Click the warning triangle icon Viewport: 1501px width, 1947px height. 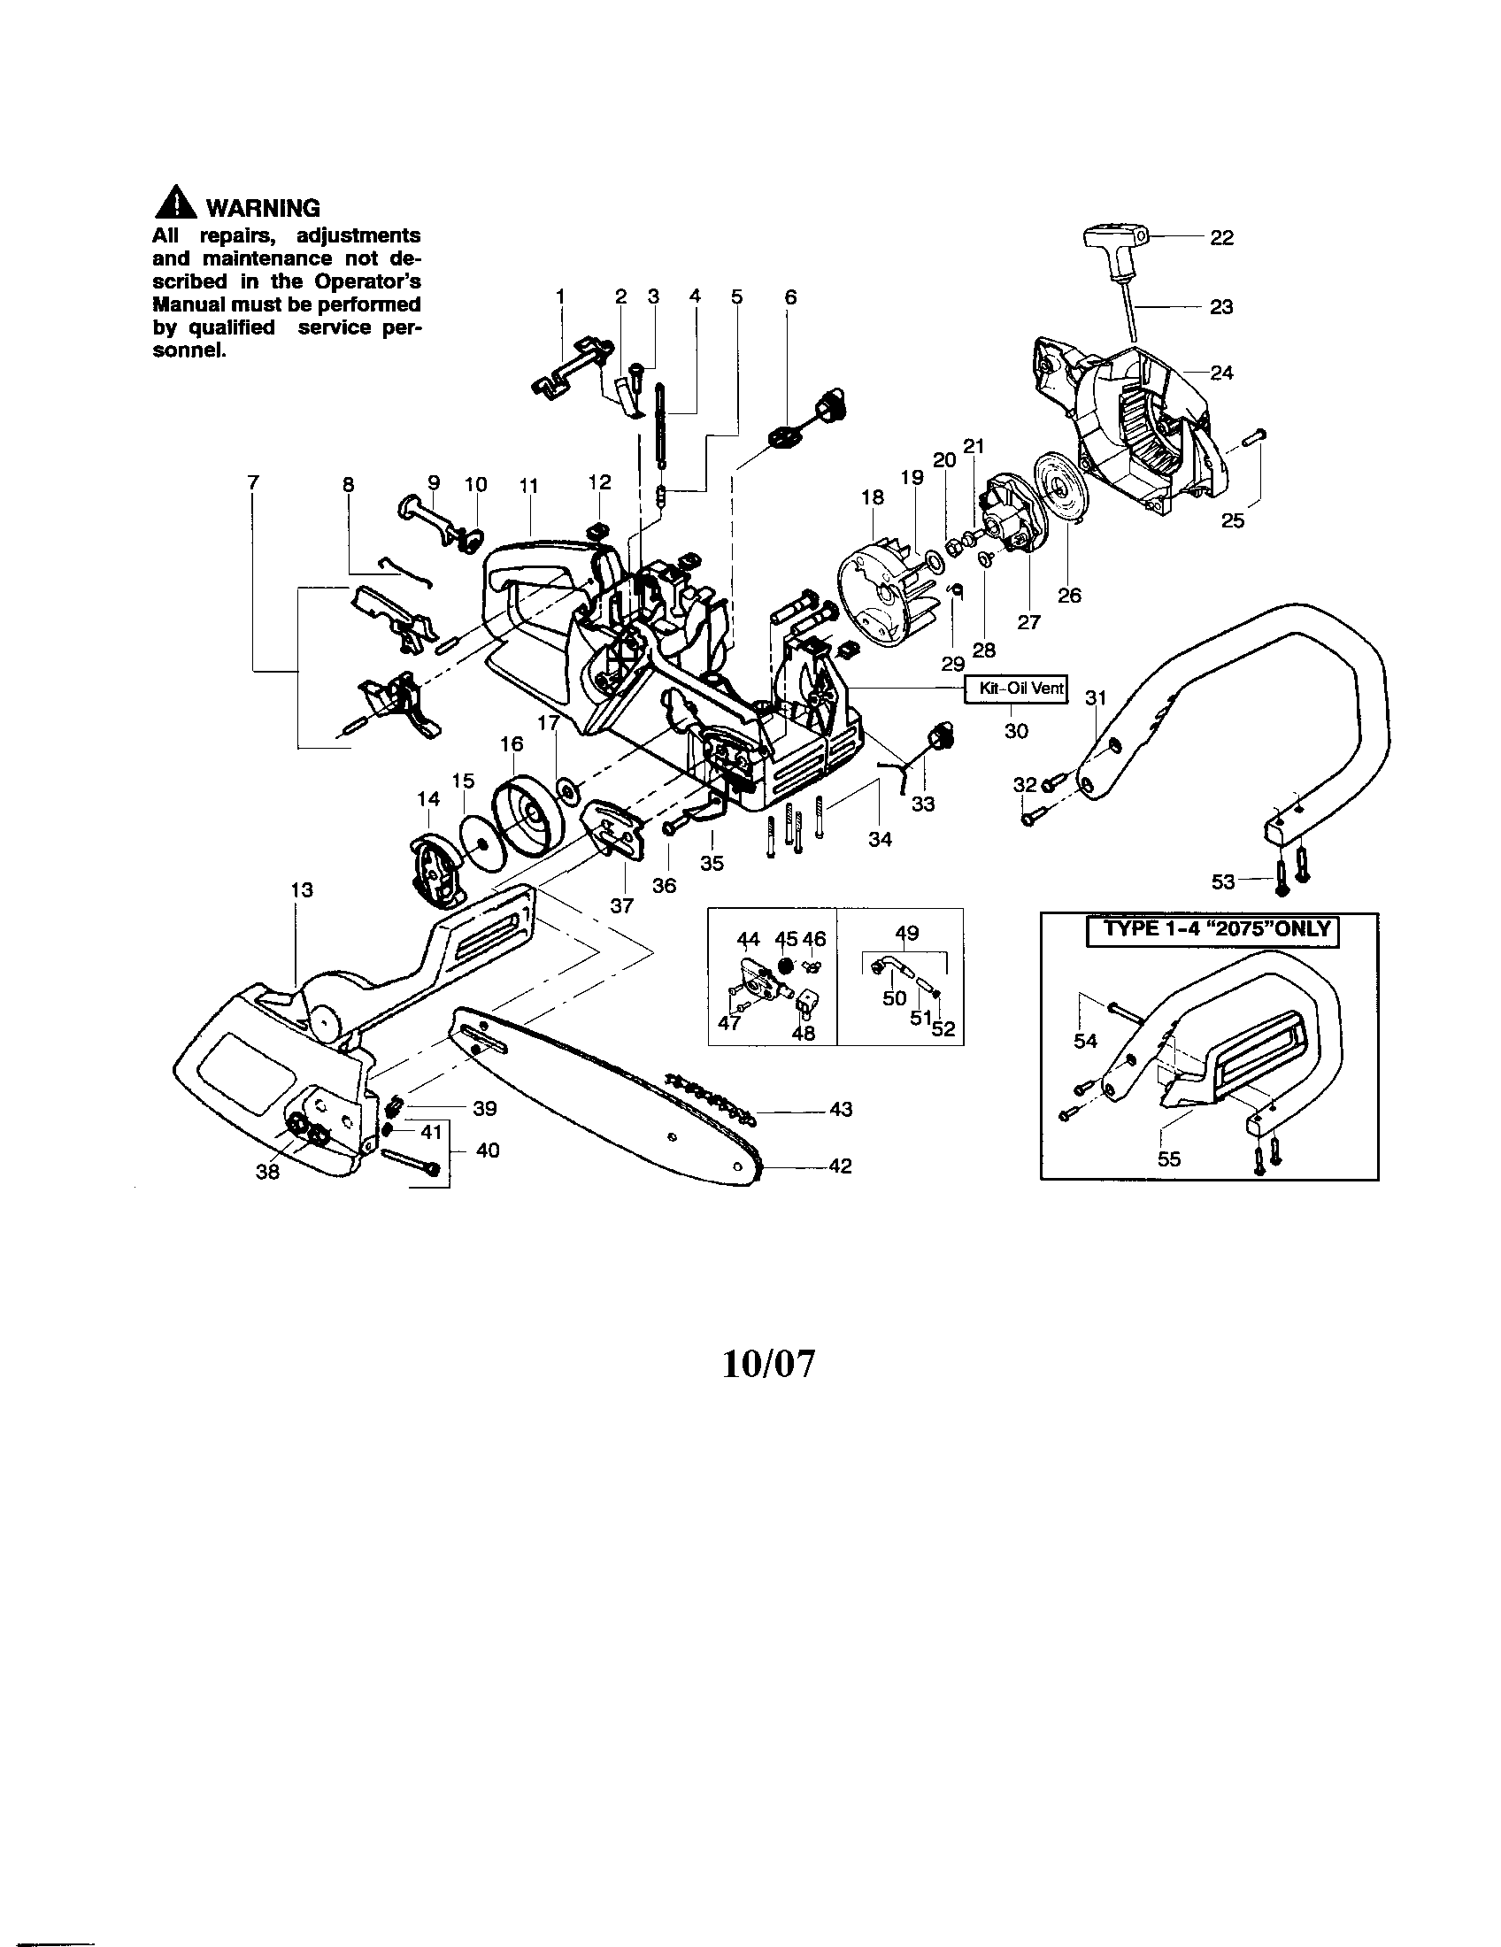coord(175,204)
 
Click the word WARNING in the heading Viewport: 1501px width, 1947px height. coord(262,209)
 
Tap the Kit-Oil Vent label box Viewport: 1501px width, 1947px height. coord(1016,689)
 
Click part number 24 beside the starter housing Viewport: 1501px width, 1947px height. coord(1220,373)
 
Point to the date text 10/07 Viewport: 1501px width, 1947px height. coord(767,1364)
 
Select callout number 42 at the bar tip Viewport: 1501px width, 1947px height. coord(840,1166)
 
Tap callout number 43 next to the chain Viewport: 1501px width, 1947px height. coord(841,1109)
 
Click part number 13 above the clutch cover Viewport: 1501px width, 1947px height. coord(302,889)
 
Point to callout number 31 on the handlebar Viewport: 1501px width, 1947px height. coord(1096,697)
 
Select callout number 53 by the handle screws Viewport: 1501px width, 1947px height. coord(1223,881)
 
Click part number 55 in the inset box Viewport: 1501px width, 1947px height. coord(1168,1159)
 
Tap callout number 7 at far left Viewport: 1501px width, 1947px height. coord(254,482)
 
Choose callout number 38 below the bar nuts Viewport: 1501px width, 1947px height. coord(267,1172)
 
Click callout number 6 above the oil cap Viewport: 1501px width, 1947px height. coord(789,296)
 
